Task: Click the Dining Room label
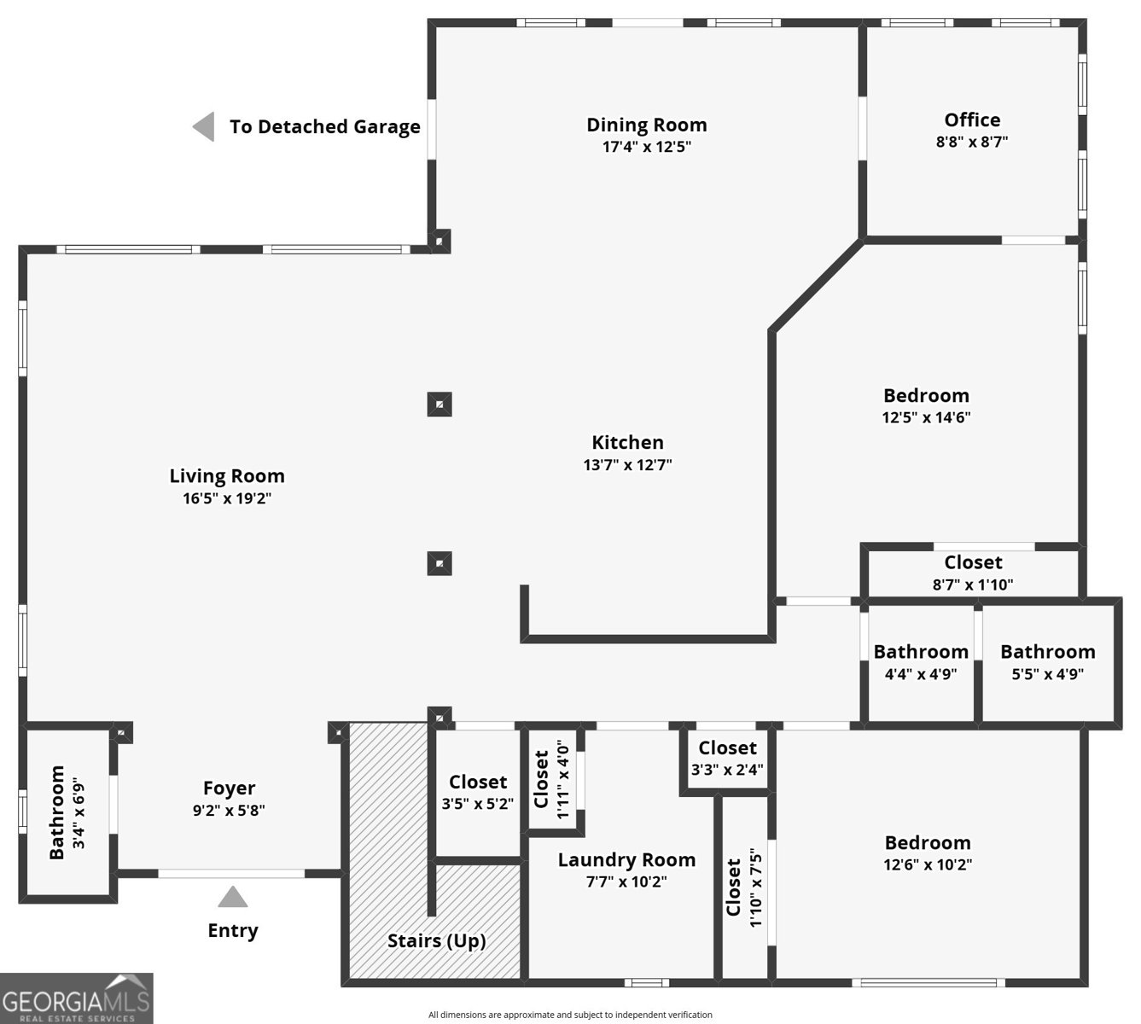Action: tap(646, 125)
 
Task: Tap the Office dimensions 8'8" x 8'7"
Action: tap(971, 142)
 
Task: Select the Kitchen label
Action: tap(627, 442)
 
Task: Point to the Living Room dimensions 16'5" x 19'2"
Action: tap(227, 498)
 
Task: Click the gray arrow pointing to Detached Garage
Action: tap(203, 127)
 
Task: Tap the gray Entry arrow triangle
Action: tap(232, 898)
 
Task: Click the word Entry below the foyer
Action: tap(232, 930)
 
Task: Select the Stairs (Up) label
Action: tap(436, 940)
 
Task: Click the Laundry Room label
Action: tap(626, 859)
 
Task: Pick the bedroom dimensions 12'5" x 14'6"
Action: tap(926, 417)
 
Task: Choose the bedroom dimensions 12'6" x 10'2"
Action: tap(928, 864)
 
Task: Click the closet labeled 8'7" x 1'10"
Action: tap(973, 573)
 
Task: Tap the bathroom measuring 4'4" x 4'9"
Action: tap(920, 662)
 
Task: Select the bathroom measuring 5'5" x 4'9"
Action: tap(1047, 662)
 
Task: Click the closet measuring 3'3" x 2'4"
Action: tap(727, 759)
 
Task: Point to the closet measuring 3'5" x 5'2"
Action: tap(478, 792)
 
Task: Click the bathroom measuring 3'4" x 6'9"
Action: tap(67, 812)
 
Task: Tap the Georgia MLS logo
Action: tap(77, 998)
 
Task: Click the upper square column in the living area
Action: tap(440, 404)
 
